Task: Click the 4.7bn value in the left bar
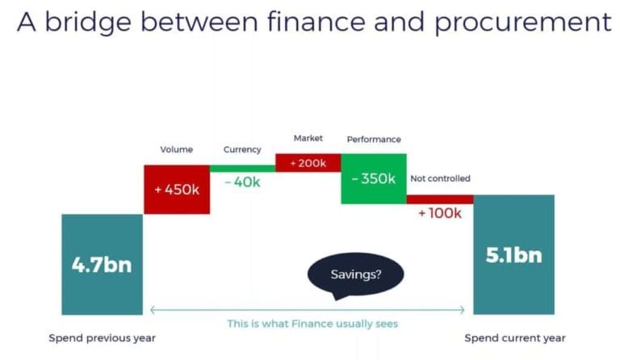[102, 264]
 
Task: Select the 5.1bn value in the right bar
[513, 255]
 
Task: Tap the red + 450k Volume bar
[177, 190]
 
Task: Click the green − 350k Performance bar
[373, 178]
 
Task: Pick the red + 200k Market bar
[308, 163]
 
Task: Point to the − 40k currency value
[242, 182]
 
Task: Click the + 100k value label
[439, 213]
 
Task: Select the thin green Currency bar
[242, 168]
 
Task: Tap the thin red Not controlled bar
[439, 199]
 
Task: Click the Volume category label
[177, 149]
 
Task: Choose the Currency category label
[242, 149]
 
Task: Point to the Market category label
[308, 138]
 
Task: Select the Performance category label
[374, 139]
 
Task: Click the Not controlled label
[440, 178]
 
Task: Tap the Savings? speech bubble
[356, 274]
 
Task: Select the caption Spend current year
[515, 337]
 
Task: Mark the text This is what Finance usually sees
[312, 324]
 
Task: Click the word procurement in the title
[523, 23]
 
